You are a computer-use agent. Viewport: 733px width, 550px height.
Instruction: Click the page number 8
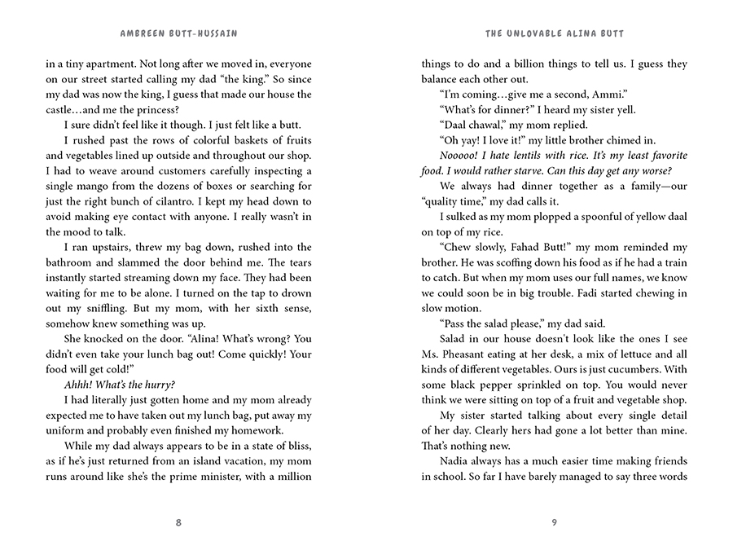pos(178,522)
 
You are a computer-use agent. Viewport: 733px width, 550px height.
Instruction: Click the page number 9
pos(554,522)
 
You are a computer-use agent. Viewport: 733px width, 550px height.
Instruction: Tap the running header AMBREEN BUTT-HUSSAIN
pos(178,34)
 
